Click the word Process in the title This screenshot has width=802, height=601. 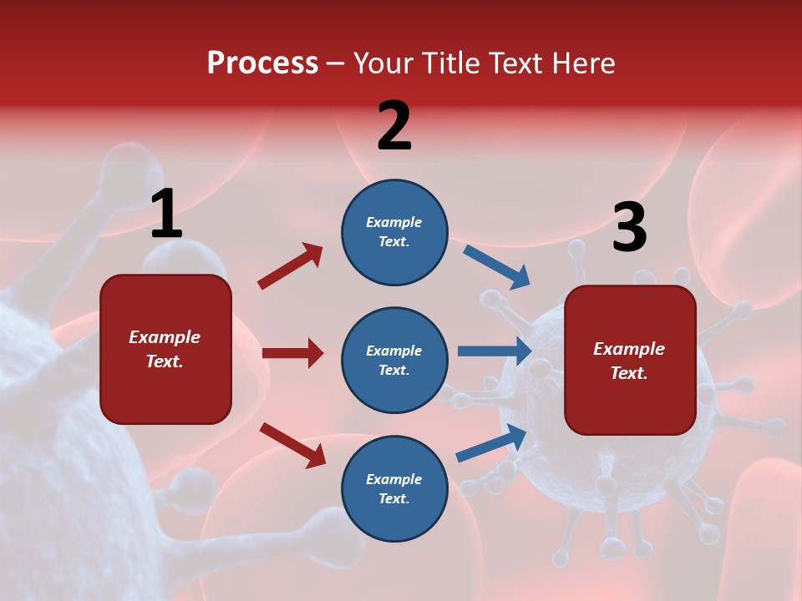(x=262, y=63)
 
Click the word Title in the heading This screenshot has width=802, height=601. (x=454, y=63)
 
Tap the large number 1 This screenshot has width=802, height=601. (x=166, y=215)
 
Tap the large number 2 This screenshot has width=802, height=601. (x=394, y=126)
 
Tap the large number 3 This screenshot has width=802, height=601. (x=629, y=228)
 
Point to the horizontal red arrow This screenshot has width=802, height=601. (x=292, y=353)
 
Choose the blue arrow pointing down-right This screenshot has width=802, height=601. (x=497, y=267)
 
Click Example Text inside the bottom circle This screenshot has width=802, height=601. (x=394, y=488)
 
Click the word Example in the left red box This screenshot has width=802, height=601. (x=165, y=337)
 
